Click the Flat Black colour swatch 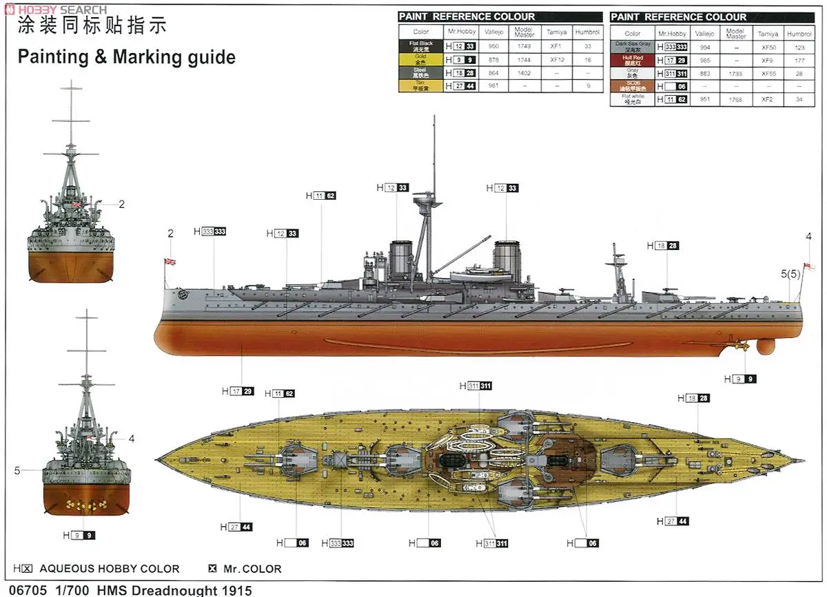tap(421, 46)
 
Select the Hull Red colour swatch tap(633, 60)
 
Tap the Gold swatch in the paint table tap(421, 59)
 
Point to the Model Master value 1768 tap(735, 99)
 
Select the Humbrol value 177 tap(799, 60)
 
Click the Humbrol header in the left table tap(587, 32)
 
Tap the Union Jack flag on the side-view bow tap(170, 262)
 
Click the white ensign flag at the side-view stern tap(810, 266)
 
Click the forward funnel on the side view tap(400, 260)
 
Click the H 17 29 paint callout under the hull tap(238, 391)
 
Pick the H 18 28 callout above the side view tap(662, 246)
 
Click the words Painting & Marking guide tap(126, 56)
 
